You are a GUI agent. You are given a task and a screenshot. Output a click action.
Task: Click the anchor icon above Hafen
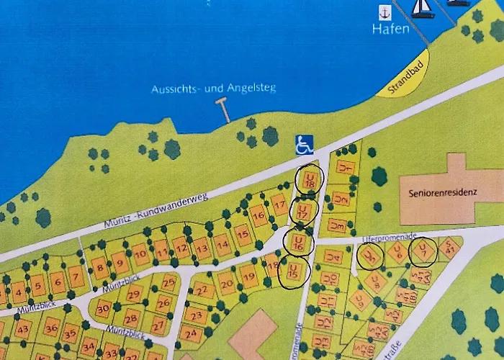[386, 12]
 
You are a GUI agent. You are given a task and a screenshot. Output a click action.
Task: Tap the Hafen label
[391, 30]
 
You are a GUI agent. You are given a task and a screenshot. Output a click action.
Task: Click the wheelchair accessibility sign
[305, 145]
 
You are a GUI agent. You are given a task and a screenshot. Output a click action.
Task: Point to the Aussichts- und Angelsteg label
[214, 89]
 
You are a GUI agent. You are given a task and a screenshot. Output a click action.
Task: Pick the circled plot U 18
[310, 180]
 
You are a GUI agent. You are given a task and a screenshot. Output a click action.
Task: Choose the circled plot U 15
[294, 271]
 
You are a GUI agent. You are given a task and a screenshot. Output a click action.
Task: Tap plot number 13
[202, 249]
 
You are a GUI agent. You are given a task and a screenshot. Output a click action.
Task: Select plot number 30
[103, 308]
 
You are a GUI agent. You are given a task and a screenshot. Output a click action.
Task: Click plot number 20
[227, 284]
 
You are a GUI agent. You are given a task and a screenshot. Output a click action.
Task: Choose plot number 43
[23, 328]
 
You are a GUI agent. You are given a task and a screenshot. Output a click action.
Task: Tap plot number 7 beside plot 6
[76, 277]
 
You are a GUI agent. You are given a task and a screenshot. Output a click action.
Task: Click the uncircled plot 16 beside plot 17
[258, 215]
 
